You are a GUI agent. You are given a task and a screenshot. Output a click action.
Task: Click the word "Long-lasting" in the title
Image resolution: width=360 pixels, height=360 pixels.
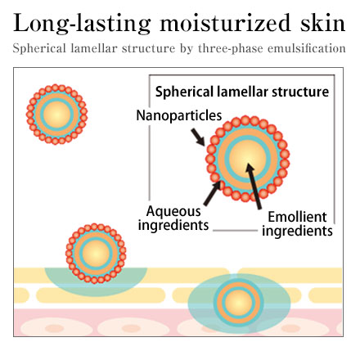82,23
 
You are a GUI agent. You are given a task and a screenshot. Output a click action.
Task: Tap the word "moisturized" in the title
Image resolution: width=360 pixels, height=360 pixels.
225,22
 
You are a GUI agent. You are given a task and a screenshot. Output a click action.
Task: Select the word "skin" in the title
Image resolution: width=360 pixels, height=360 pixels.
323,22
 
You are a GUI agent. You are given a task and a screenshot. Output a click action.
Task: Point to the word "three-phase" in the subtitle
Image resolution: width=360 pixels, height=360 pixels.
231,48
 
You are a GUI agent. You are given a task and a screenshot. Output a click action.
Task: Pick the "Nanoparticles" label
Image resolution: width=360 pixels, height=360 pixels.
179,115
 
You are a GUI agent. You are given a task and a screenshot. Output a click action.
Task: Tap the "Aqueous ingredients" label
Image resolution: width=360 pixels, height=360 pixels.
173,218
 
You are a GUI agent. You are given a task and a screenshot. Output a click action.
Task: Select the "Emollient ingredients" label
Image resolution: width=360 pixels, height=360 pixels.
297,224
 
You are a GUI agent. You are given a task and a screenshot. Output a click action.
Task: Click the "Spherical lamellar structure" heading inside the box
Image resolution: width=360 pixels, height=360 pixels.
242,92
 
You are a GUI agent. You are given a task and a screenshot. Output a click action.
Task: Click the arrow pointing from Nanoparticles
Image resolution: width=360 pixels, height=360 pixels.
198,137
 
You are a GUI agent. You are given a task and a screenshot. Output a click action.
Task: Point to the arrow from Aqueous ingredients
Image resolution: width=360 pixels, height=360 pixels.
213,193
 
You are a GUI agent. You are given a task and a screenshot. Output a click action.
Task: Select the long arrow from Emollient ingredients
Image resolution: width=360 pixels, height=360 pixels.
254,186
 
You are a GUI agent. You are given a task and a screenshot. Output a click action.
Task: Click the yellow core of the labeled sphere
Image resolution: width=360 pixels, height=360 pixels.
247,158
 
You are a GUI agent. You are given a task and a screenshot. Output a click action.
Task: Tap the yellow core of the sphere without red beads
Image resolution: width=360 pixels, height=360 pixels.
238,303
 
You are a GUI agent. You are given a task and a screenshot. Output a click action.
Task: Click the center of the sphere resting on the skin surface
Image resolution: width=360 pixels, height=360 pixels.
96,254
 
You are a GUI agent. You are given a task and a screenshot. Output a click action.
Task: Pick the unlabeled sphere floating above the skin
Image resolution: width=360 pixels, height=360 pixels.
56,115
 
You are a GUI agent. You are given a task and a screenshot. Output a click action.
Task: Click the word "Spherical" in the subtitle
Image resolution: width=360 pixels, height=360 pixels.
39,49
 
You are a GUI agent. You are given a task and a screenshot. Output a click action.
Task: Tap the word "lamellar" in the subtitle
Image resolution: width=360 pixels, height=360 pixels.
94,48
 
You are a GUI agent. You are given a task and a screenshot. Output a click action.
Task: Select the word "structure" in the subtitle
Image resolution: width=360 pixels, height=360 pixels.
149,48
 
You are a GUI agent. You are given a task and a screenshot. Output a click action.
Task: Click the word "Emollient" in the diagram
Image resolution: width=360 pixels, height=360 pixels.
297,217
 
